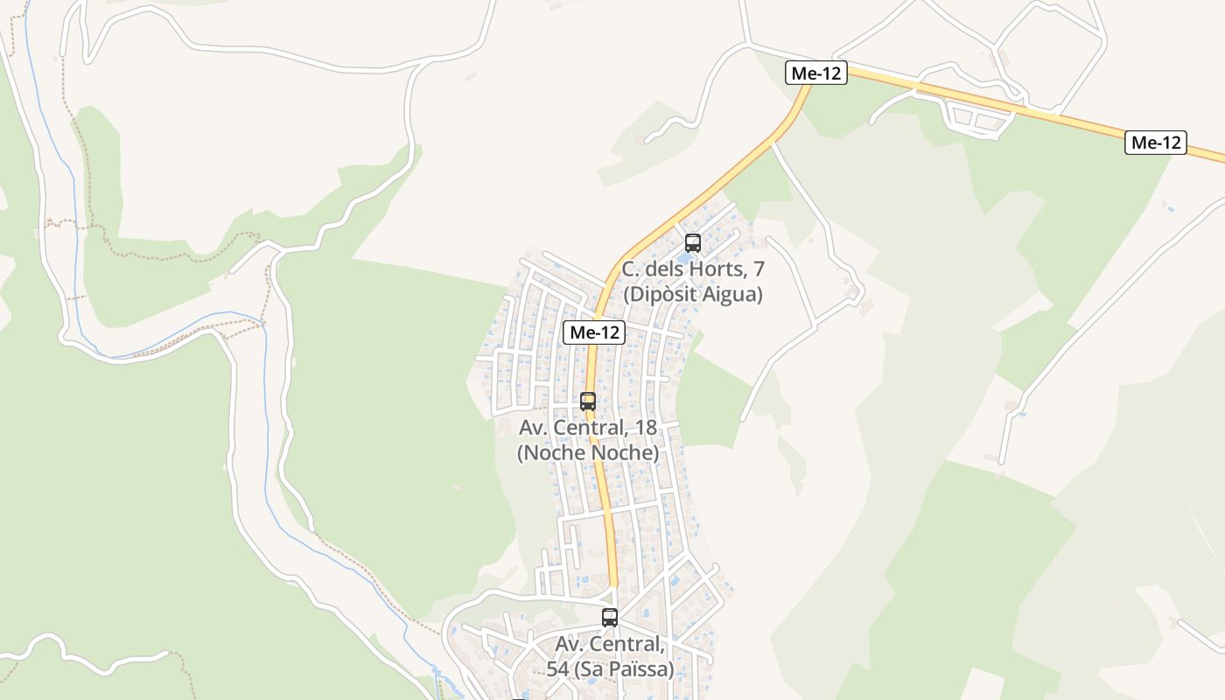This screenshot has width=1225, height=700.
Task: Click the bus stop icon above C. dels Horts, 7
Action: click(693, 243)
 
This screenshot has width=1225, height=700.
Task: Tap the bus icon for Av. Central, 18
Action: click(588, 402)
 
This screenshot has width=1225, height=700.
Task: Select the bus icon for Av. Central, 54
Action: click(610, 617)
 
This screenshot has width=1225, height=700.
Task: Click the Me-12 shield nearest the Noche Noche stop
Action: click(593, 332)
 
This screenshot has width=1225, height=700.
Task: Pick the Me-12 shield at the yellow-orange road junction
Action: click(815, 73)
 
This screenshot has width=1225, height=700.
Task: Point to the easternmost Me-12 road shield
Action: click(1155, 143)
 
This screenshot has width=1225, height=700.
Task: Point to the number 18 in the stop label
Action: click(646, 428)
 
